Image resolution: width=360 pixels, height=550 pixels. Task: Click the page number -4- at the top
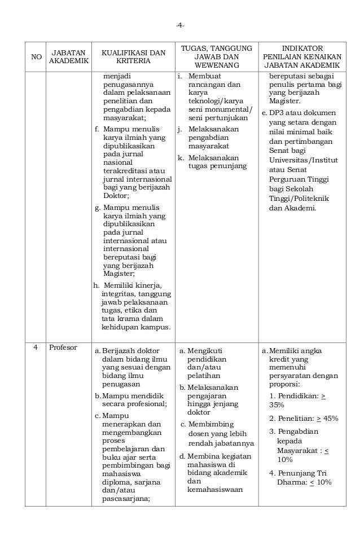(179, 25)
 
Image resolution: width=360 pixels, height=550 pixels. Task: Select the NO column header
(36, 57)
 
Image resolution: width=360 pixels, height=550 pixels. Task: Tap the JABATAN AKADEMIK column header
(68, 57)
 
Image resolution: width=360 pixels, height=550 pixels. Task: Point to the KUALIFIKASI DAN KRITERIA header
(133, 57)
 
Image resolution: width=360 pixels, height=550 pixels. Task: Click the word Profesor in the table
(63, 347)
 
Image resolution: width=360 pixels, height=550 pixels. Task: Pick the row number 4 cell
(35, 347)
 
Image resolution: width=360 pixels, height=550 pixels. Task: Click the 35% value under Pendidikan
(276, 405)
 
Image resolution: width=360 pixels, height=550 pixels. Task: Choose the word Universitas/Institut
(304, 160)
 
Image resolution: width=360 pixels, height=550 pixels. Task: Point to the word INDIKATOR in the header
(306, 49)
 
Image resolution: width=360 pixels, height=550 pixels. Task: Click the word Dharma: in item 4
(292, 482)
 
